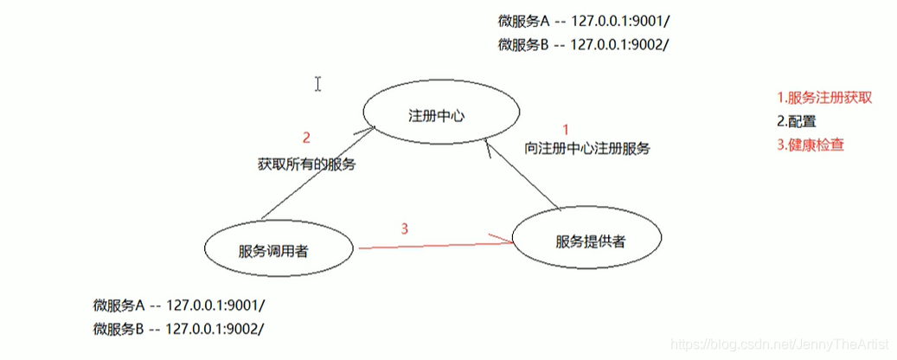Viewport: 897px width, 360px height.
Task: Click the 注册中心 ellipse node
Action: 442,114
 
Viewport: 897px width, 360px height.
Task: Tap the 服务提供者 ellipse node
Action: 591,241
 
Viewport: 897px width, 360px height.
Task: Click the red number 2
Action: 305,137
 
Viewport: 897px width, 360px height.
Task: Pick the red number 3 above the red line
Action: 403,228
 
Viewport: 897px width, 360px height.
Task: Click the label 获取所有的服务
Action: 306,163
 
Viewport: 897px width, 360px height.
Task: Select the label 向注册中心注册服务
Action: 587,148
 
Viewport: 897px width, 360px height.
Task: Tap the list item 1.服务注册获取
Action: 823,98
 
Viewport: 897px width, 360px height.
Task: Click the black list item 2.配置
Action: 797,121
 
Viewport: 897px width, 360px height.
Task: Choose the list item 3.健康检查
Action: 811,145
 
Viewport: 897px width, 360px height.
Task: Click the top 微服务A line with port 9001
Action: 585,21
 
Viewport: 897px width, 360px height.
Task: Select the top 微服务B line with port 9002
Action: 585,45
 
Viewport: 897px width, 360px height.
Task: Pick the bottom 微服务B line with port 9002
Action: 179,329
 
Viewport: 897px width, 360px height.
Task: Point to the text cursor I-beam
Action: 318,84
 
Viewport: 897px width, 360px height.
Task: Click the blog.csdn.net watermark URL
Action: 780,345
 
